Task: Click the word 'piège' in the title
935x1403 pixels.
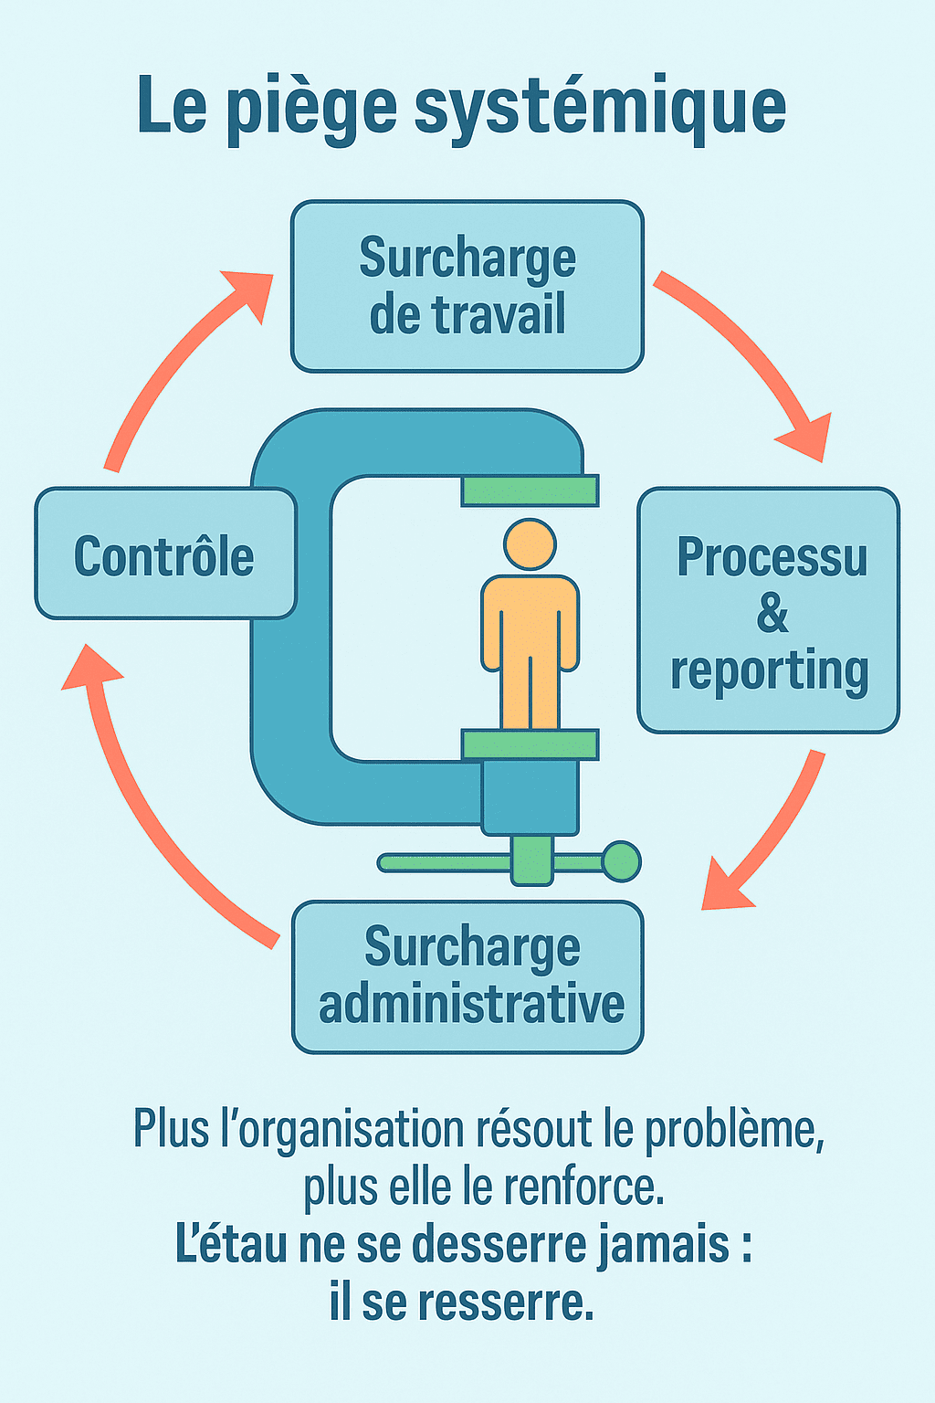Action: pos(310,108)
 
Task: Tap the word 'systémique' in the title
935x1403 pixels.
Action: pos(600,108)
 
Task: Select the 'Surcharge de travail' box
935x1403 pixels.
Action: pos(467,286)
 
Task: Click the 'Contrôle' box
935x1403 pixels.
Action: pos(165,554)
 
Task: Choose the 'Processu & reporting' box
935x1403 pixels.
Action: pos(769,610)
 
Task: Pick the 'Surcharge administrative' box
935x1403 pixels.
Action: pos(467,976)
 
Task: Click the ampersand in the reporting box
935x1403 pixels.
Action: pos(772,613)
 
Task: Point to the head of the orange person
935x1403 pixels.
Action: pos(530,545)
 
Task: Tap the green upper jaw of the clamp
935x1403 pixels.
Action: pos(530,491)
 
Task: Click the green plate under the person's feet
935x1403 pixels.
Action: pos(530,744)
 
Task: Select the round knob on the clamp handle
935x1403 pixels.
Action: pos(622,861)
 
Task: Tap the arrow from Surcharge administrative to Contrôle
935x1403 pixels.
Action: pos(146,804)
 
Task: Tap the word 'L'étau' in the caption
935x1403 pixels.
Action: pos(231,1245)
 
